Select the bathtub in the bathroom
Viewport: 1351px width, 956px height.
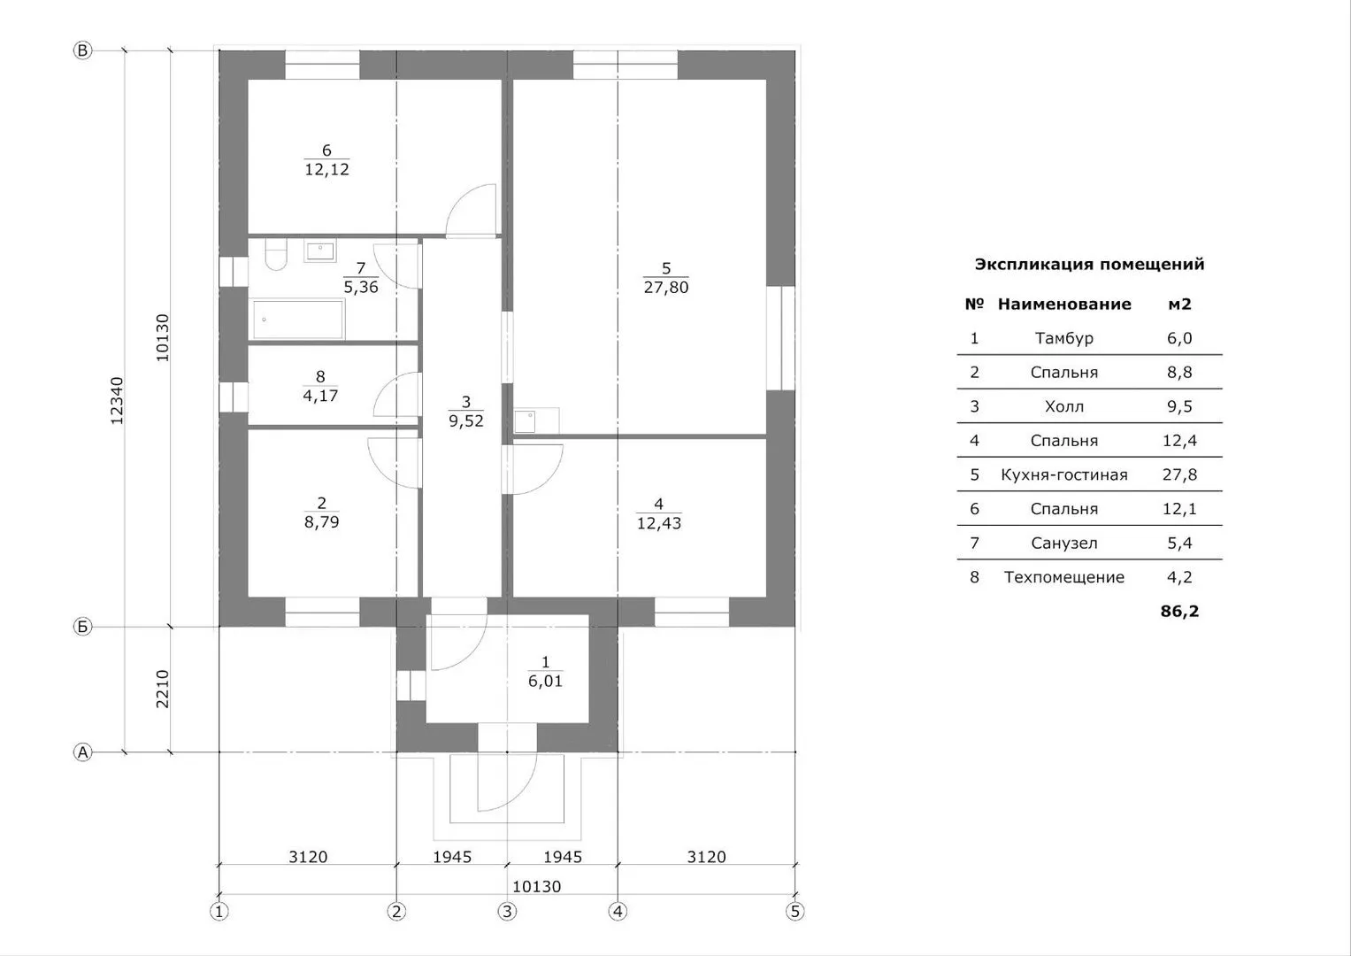pyautogui.click(x=298, y=320)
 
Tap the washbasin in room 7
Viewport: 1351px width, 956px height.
pyautogui.click(x=319, y=251)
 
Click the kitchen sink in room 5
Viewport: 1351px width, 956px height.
pyautogui.click(x=525, y=421)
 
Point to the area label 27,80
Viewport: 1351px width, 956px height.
pyautogui.click(x=666, y=288)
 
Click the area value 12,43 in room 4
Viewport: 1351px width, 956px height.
pyautogui.click(x=658, y=522)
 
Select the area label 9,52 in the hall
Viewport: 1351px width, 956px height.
pyautogui.click(x=465, y=420)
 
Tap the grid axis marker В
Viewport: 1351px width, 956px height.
pyautogui.click(x=82, y=50)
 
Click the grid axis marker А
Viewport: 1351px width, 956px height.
pyautogui.click(x=82, y=752)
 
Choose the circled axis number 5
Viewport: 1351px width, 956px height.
pyautogui.click(x=794, y=912)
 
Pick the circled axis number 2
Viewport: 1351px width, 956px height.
pyautogui.click(x=396, y=912)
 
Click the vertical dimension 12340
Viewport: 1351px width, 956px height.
pyautogui.click(x=117, y=401)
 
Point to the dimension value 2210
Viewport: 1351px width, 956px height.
pyautogui.click(x=162, y=689)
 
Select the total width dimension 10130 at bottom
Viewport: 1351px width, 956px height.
pyautogui.click(x=536, y=886)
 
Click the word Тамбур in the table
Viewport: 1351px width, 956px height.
pyautogui.click(x=1064, y=338)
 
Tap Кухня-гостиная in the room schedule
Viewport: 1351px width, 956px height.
pyautogui.click(x=1064, y=474)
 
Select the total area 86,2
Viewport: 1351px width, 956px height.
pyautogui.click(x=1179, y=612)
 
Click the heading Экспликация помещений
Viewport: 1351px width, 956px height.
pyautogui.click(x=1089, y=264)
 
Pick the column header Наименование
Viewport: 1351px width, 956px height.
pyautogui.click(x=1064, y=304)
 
